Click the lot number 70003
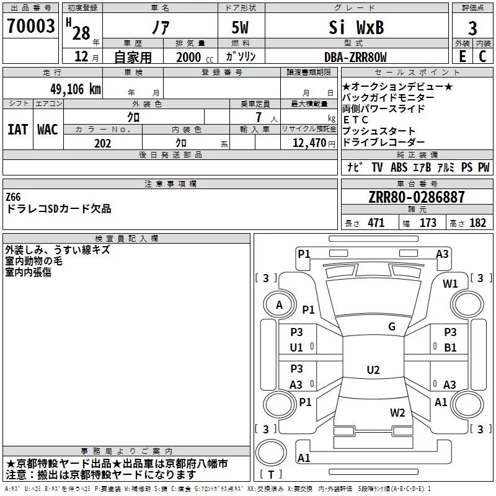point(30,27)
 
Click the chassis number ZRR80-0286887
point(416,197)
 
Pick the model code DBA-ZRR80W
point(355,57)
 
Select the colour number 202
point(102,143)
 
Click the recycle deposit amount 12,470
point(308,143)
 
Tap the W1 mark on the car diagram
point(451,284)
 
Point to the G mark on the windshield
point(391,327)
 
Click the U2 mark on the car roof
point(373,370)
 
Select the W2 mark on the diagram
point(397,413)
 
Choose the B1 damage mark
point(450,347)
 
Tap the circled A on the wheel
point(279,304)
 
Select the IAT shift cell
point(17,129)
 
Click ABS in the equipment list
point(399,167)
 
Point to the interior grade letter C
point(481,57)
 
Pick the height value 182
point(477,223)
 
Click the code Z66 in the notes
point(14,197)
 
